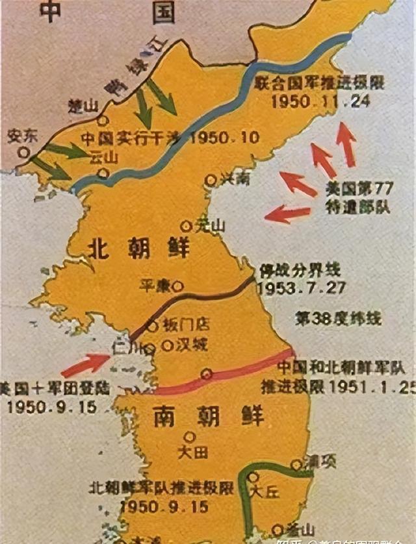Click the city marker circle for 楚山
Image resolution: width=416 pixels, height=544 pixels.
103,121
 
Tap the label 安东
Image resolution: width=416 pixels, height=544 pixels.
21,136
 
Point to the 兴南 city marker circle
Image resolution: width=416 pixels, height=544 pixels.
210,180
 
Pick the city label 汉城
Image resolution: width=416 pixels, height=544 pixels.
191,345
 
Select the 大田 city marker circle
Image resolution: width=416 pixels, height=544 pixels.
190,437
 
